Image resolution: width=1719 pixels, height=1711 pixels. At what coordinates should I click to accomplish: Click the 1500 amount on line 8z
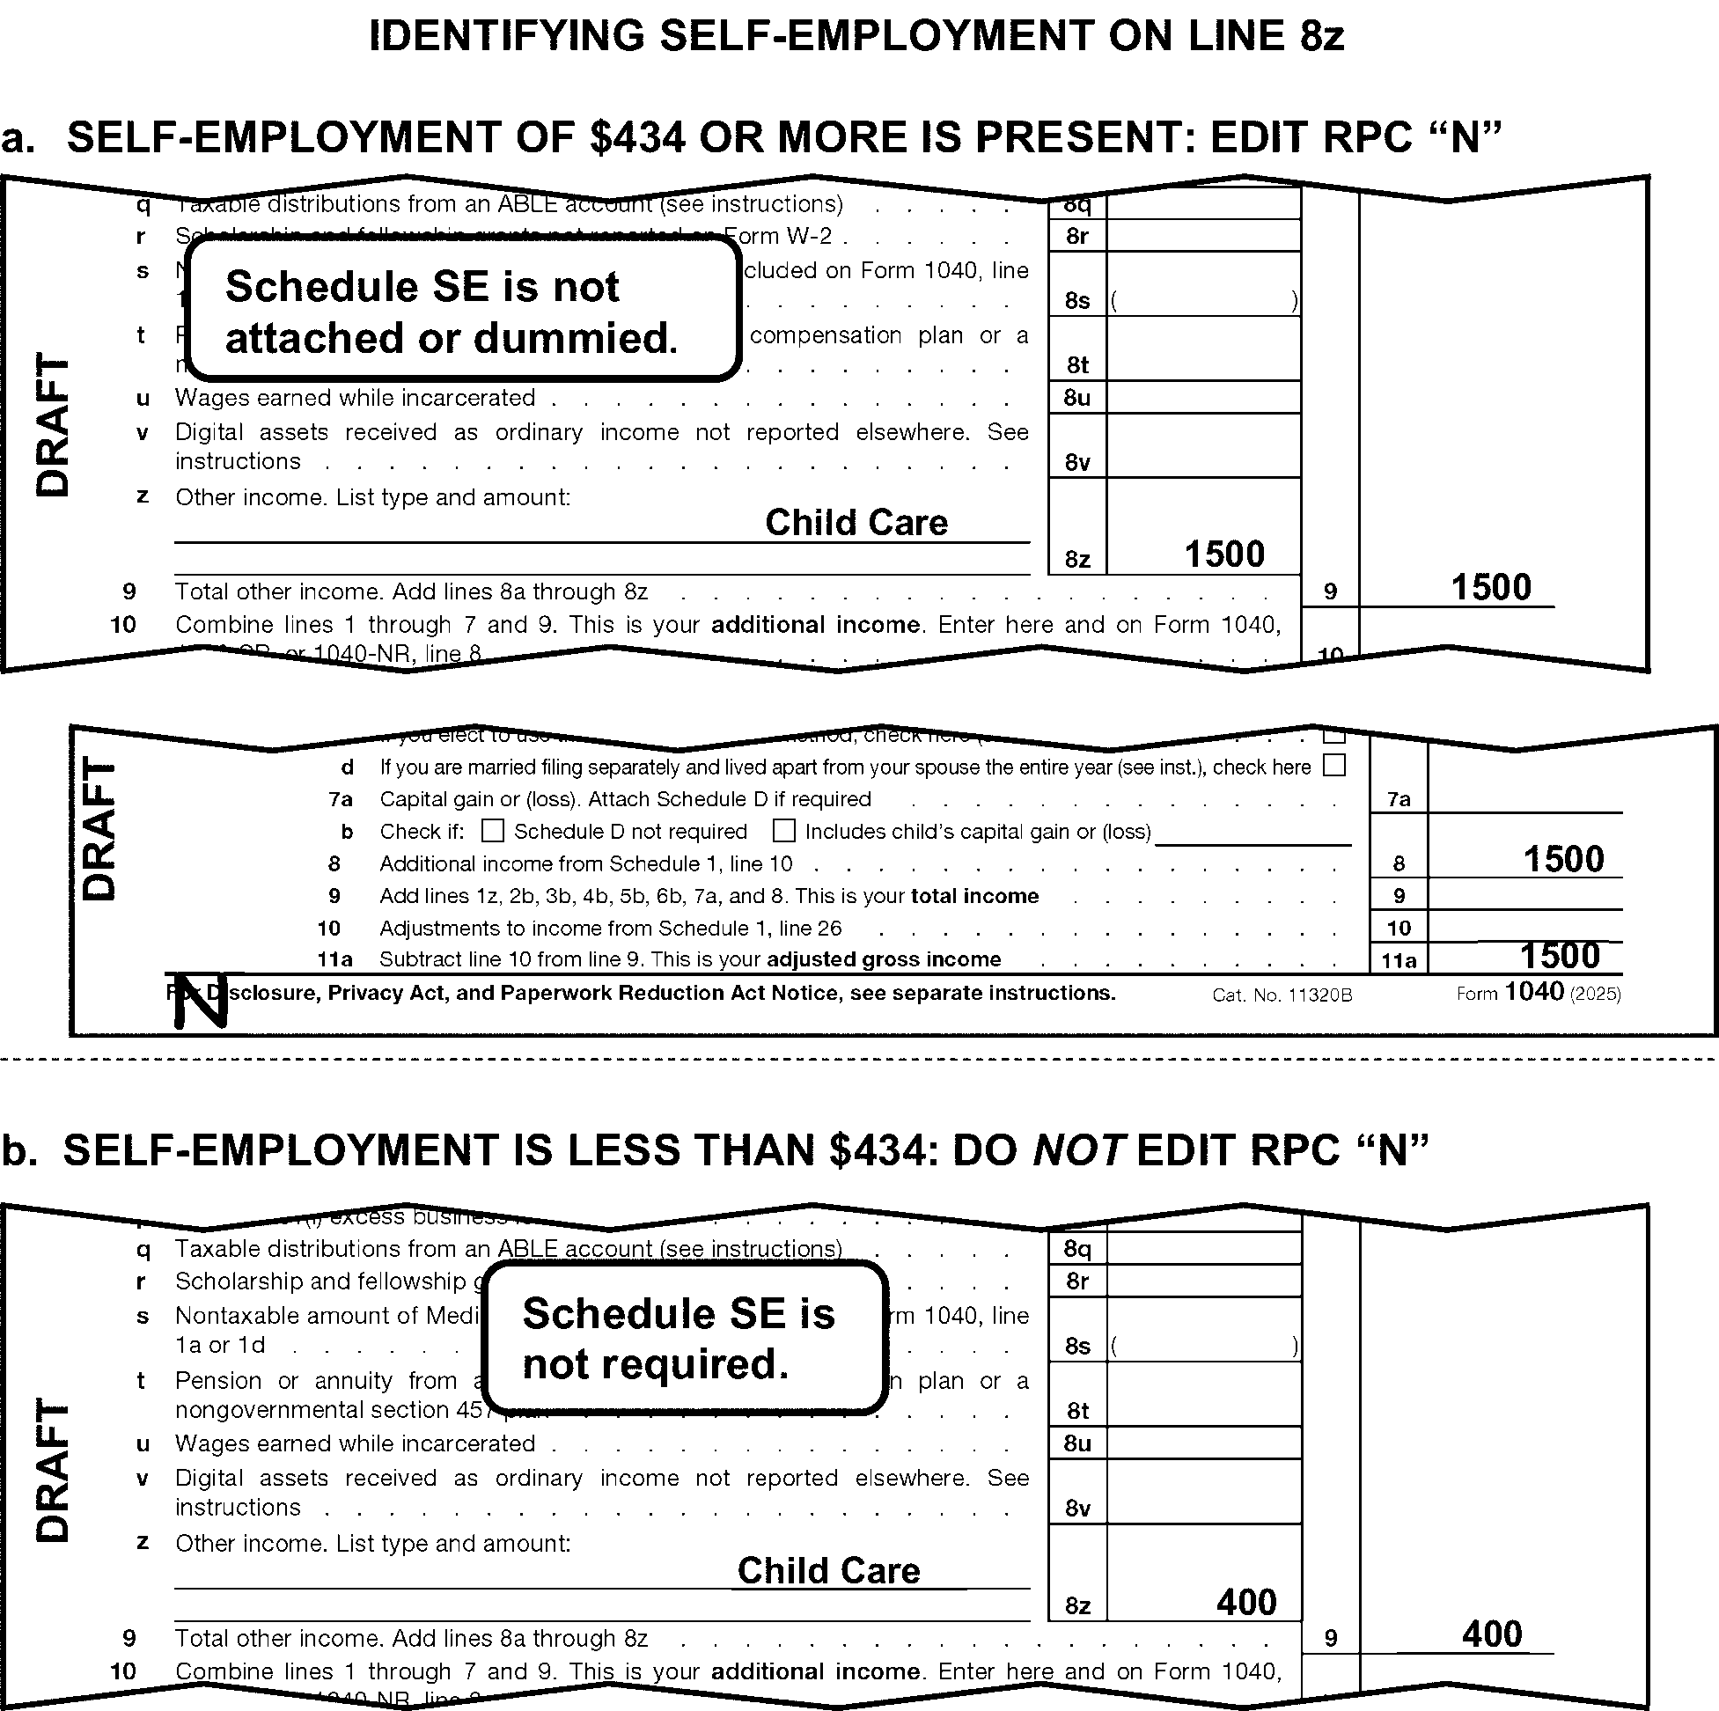(1223, 554)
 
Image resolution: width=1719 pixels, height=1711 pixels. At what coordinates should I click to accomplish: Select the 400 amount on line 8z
(1245, 1602)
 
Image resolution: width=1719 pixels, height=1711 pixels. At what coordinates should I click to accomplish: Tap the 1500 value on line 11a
(1559, 956)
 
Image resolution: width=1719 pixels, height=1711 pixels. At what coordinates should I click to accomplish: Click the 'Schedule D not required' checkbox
(492, 830)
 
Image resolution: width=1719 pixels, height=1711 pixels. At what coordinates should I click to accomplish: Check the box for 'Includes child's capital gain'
(783, 830)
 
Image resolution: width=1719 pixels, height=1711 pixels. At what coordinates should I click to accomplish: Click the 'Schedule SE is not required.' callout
(683, 1337)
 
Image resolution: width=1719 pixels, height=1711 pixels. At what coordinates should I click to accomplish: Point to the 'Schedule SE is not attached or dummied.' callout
(463, 312)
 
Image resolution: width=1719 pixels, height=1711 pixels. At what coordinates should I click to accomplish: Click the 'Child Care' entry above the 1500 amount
(856, 522)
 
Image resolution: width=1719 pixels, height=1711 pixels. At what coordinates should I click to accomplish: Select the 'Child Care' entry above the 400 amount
(828, 1570)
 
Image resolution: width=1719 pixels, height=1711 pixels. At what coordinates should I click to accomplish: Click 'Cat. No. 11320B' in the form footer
(1282, 995)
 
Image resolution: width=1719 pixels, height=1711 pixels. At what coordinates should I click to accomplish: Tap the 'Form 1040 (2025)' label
(1538, 992)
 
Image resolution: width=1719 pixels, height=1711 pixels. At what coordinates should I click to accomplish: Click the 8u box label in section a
(1076, 398)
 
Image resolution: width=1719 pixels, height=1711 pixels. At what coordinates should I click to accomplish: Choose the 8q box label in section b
(1076, 1248)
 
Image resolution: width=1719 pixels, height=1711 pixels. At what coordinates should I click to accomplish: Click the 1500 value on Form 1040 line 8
(1562, 860)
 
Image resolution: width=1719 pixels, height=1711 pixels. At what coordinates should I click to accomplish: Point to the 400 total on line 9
(1491, 1634)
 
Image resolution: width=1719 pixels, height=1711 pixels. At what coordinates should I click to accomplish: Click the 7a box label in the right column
(1399, 799)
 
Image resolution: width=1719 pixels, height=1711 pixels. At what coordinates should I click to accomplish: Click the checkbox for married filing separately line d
(1333, 765)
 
